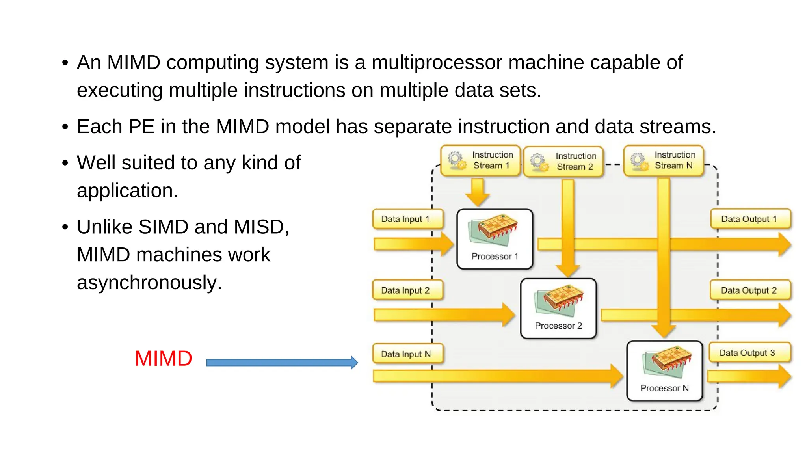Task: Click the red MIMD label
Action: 163,359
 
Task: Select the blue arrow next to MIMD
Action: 281,363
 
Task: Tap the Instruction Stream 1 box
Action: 480,160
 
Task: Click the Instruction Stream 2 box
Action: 563,162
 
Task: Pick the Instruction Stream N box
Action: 664,160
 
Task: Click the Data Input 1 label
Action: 407,219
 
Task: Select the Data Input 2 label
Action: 407,290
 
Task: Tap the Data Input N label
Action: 407,354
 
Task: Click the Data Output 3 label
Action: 749,353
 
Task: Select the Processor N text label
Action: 664,388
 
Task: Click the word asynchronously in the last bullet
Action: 149,283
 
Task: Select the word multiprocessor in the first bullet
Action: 437,63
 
